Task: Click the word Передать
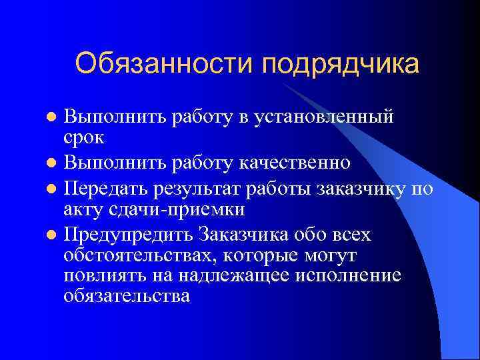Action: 111,189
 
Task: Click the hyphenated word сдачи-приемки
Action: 189,210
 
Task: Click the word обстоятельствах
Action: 141,256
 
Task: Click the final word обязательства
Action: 127,297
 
